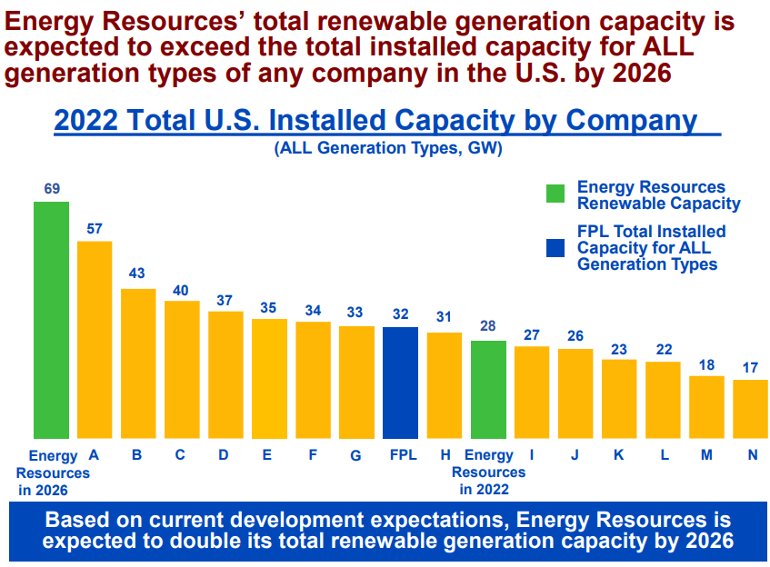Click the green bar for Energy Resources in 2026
(x=51, y=320)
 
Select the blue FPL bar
(x=400, y=383)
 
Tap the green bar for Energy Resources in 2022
(x=488, y=390)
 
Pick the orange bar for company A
(x=95, y=340)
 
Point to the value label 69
(x=52, y=189)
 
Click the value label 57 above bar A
(x=95, y=229)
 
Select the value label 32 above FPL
(x=400, y=314)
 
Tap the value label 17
(x=750, y=368)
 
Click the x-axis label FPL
(x=401, y=455)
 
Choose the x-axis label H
(x=445, y=455)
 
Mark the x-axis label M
(x=706, y=455)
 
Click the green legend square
(x=555, y=194)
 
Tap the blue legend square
(x=555, y=247)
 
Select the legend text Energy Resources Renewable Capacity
(x=658, y=195)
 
